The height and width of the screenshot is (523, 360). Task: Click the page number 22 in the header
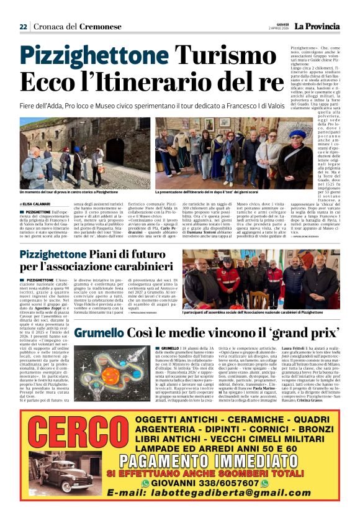point(23,27)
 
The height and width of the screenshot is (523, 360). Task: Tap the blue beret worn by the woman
point(298,134)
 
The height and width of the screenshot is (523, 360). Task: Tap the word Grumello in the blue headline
point(98,334)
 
